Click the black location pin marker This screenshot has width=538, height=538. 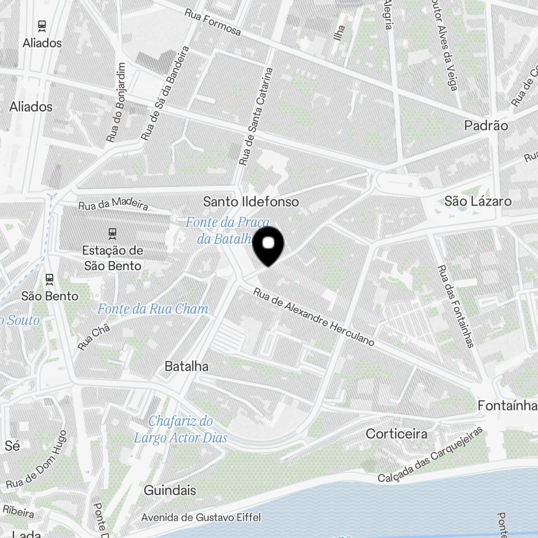pyautogui.click(x=268, y=245)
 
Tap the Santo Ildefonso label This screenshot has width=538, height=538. pyautogui.click(x=251, y=202)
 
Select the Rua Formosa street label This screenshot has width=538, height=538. pyautogui.click(x=213, y=22)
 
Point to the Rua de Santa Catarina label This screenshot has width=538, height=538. pyautogui.click(x=256, y=116)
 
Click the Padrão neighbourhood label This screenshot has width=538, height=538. pyautogui.click(x=486, y=126)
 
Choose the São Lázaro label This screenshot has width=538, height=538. pyautogui.click(x=478, y=202)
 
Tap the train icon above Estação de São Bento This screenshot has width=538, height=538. pyautogui.click(x=112, y=233)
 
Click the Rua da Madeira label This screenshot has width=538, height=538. pyautogui.click(x=113, y=205)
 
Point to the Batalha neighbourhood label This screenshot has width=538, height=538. pyautogui.click(x=186, y=366)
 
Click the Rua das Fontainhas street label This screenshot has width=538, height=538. pyautogui.click(x=455, y=306)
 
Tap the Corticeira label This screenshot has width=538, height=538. pyautogui.click(x=397, y=434)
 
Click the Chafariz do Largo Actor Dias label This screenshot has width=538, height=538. pyautogui.click(x=181, y=429)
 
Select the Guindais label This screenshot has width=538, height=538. pyautogui.click(x=169, y=491)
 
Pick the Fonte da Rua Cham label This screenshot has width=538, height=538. pyautogui.click(x=152, y=309)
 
